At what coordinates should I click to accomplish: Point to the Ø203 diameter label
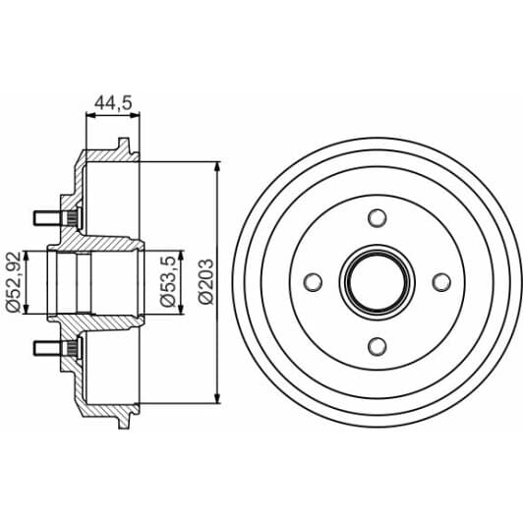(204, 281)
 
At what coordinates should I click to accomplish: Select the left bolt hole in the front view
(314, 282)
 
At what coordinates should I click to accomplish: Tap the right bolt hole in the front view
(441, 282)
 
